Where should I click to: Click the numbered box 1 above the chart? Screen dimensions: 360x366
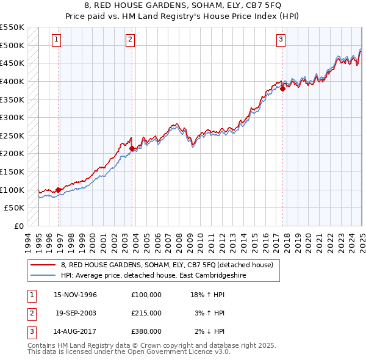pyautogui.click(x=56, y=40)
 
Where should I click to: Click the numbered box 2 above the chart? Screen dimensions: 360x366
pyautogui.click(x=131, y=40)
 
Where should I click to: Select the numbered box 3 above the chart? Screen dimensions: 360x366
pyautogui.click(x=281, y=40)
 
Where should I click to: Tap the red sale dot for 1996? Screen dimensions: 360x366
pyautogui.click(x=59, y=190)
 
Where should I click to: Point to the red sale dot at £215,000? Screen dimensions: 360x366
pyautogui.click(x=132, y=148)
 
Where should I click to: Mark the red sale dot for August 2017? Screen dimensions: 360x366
pyautogui.click(x=283, y=88)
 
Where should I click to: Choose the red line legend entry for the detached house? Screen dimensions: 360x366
pyautogui.click(x=170, y=265)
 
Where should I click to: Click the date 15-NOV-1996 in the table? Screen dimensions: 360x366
pyautogui.click(x=75, y=294)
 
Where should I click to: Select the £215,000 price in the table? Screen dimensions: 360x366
pyautogui.click(x=146, y=313)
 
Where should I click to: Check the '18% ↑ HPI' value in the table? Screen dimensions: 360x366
pyautogui.click(x=208, y=294)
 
